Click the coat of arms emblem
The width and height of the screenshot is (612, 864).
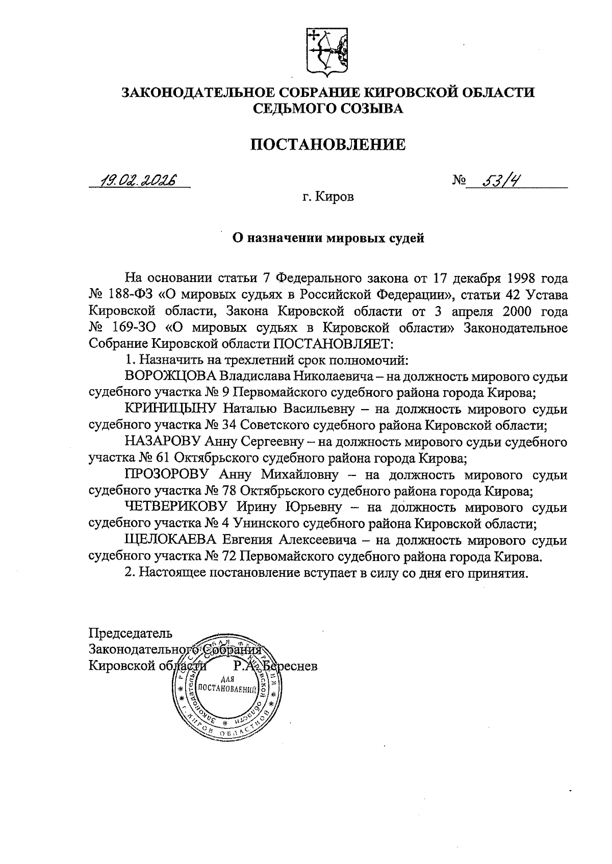coord(327,50)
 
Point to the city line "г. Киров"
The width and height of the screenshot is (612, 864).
coord(327,197)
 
